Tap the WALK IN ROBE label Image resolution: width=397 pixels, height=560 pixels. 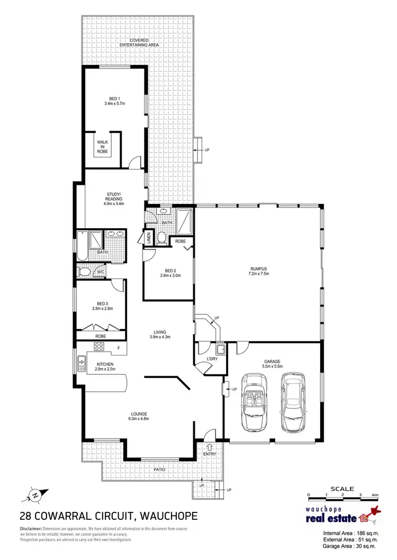[x=102, y=147]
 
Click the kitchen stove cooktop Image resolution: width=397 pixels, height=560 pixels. [x=98, y=347]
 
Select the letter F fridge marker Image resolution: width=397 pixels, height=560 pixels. [x=119, y=348]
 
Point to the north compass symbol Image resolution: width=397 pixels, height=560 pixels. [x=33, y=494]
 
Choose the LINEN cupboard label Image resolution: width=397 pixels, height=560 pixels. [x=149, y=237]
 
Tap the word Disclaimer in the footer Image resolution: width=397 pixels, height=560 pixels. [x=31, y=529]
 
